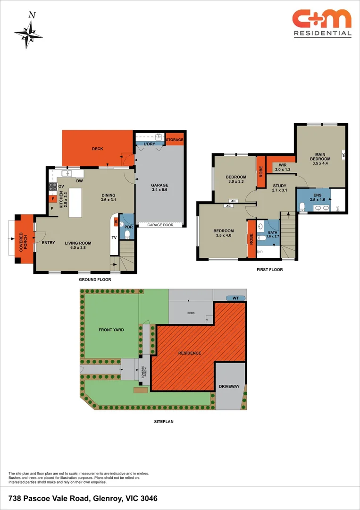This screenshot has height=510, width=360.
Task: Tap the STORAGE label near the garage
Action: pos(174,140)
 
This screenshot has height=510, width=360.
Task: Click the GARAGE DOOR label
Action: pos(160,225)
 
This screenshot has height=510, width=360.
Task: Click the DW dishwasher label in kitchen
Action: pos(80,181)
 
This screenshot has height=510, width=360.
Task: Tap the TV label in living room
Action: pos(114,238)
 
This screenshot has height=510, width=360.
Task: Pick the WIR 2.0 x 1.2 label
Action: pos(283,166)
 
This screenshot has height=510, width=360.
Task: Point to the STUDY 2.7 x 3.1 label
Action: pos(280,188)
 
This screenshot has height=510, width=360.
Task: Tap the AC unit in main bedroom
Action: pos(343,154)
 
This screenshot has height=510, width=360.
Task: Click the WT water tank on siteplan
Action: pos(235,298)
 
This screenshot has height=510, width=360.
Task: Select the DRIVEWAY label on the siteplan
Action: pos(229,387)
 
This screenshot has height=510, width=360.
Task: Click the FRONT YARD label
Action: pos(111,330)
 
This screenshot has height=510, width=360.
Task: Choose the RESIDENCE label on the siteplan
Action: pos(189,353)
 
